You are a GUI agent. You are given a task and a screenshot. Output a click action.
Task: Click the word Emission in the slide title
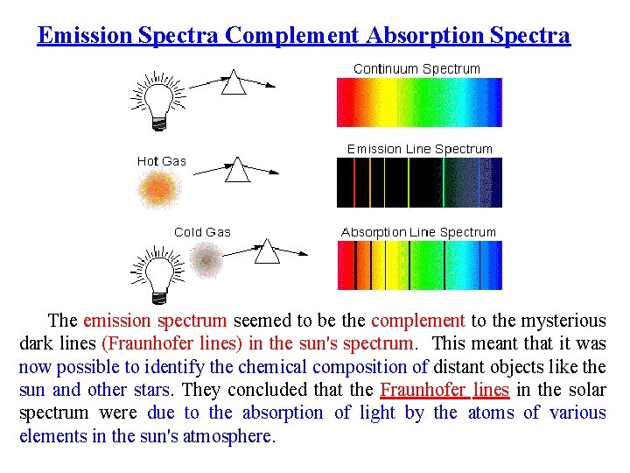point(85,36)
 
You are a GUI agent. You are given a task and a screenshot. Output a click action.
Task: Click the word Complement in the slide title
point(292,36)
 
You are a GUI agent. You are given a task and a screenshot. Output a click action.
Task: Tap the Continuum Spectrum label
point(416,68)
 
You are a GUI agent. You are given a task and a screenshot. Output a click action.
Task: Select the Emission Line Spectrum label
point(419,149)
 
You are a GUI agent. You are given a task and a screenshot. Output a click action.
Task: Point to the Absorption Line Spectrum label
point(418,232)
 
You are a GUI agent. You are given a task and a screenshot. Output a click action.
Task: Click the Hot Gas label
point(162,161)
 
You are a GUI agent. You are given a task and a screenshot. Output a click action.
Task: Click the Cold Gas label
point(202,232)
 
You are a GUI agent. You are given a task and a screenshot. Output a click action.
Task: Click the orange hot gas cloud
point(158,188)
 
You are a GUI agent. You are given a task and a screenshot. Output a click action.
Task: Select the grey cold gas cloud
point(207,259)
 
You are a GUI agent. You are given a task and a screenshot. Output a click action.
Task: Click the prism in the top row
point(234,82)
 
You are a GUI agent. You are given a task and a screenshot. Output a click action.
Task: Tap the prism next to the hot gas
point(237,169)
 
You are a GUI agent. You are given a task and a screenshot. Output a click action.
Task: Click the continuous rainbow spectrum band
point(419,102)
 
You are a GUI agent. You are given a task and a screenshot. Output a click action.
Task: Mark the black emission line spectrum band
point(419,182)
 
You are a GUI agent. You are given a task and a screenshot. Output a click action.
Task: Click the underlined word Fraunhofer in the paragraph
point(423,390)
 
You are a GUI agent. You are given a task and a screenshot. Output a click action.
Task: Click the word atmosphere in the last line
point(229,435)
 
